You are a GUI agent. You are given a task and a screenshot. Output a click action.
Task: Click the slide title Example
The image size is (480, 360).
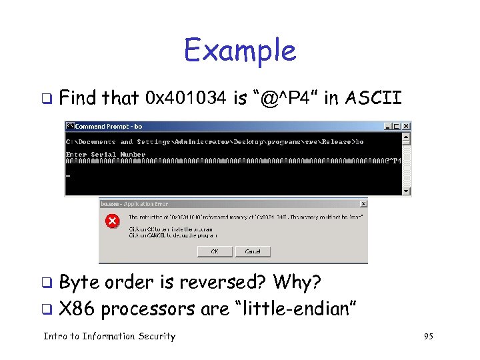pyautogui.click(x=239, y=50)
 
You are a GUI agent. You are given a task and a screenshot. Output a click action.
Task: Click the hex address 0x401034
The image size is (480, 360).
pyautogui.click(x=187, y=99)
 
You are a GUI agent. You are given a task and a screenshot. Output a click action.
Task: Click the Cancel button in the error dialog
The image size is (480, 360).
pyautogui.click(x=253, y=251)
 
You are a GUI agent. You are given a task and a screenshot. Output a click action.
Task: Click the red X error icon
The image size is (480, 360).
pyautogui.click(x=113, y=221)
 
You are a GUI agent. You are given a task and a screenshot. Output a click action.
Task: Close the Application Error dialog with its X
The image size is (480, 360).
pyautogui.click(x=363, y=203)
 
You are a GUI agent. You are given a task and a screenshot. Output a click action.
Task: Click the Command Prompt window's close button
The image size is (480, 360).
pyautogui.click(x=407, y=126)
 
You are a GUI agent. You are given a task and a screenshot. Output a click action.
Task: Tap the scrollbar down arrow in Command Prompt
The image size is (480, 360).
pyautogui.click(x=407, y=191)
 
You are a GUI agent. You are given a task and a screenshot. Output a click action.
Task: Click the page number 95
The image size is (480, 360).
pyautogui.click(x=428, y=337)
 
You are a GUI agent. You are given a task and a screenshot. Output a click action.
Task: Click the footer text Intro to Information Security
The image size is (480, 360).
pyautogui.click(x=109, y=337)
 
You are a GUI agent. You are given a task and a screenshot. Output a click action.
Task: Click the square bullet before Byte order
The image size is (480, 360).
pyautogui.click(x=47, y=283)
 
